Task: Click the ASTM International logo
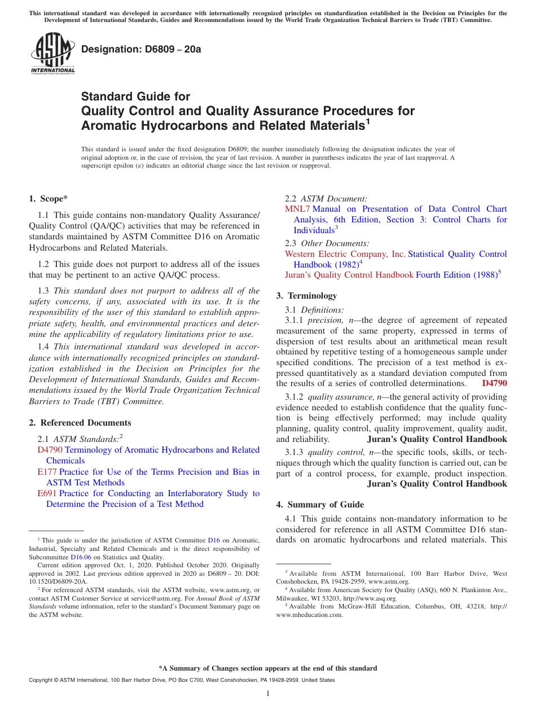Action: click(52, 54)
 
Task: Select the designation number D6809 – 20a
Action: click(141, 50)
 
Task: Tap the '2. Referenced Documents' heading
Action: click(80, 423)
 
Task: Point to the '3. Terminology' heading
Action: click(306, 296)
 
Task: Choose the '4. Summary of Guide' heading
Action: click(320, 505)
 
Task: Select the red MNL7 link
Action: click(297, 209)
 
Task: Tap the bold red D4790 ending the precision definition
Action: click(494, 384)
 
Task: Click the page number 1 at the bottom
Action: click(268, 693)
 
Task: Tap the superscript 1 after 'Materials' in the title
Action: click(367, 120)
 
